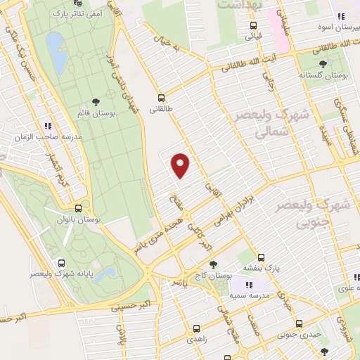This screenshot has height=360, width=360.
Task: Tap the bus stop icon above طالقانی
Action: point(162,98)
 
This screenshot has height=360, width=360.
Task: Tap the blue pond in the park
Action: point(54,52)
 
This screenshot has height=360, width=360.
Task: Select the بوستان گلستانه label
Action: point(321,74)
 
